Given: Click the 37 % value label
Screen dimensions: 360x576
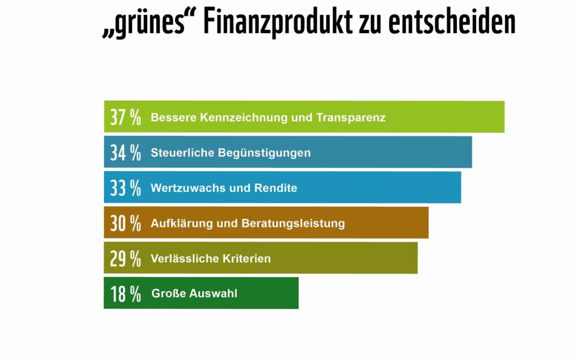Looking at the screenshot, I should tap(125, 117).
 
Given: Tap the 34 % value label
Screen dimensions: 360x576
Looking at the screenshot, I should tap(125, 153).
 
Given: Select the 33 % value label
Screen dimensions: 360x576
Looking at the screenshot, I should tap(125, 188).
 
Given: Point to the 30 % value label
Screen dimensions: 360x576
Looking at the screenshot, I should tap(125, 223).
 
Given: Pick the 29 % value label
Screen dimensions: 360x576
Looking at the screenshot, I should tap(125, 258).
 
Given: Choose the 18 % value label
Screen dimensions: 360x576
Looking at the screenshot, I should tap(125, 293).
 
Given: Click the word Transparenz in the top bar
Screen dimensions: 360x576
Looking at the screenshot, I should tap(351, 117).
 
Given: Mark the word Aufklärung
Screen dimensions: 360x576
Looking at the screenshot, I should tap(181, 223).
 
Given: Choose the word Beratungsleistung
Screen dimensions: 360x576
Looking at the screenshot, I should tap(293, 223).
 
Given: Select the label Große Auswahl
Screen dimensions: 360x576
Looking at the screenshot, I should tap(195, 293).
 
